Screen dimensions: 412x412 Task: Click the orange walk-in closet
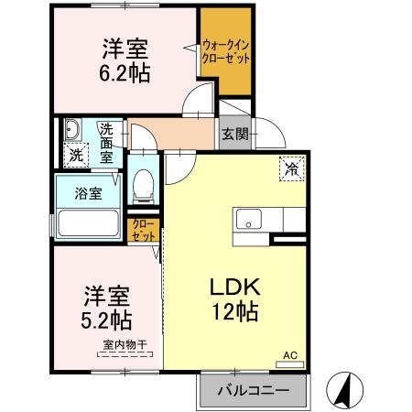(x=226, y=50)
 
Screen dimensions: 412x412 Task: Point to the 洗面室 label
(x=107, y=142)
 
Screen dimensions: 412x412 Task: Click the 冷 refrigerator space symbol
(x=292, y=168)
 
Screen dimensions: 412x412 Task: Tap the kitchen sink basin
(x=248, y=219)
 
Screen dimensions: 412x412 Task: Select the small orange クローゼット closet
(x=144, y=229)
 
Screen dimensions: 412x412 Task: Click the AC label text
(x=289, y=354)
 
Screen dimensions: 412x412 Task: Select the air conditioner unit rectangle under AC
(x=289, y=364)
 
